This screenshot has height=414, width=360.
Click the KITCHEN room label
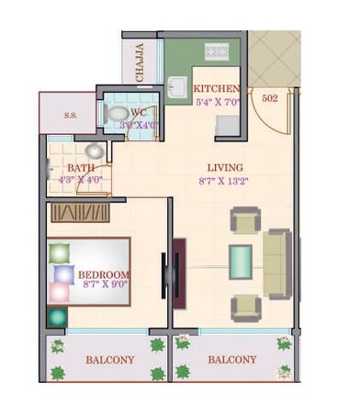tap(218, 88)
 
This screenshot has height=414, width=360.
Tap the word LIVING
tap(225, 168)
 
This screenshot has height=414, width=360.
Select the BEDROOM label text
tap(104, 274)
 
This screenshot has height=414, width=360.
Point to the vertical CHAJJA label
tap(141, 63)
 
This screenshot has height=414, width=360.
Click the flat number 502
tap(270, 96)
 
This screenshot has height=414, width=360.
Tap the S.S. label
tap(70, 117)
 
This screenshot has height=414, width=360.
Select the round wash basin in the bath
tap(94, 151)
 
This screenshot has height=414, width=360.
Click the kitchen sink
tap(175, 88)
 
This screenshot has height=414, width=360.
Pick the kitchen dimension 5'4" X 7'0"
tap(218, 102)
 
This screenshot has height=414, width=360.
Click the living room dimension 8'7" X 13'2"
tap(225, 182)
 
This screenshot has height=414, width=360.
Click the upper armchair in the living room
tap(244, 220)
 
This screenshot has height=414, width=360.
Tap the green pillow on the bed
tap(59, 253)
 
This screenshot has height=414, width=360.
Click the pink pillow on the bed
tap(59, 293)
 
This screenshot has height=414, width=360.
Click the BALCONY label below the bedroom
tap(110, 360)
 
